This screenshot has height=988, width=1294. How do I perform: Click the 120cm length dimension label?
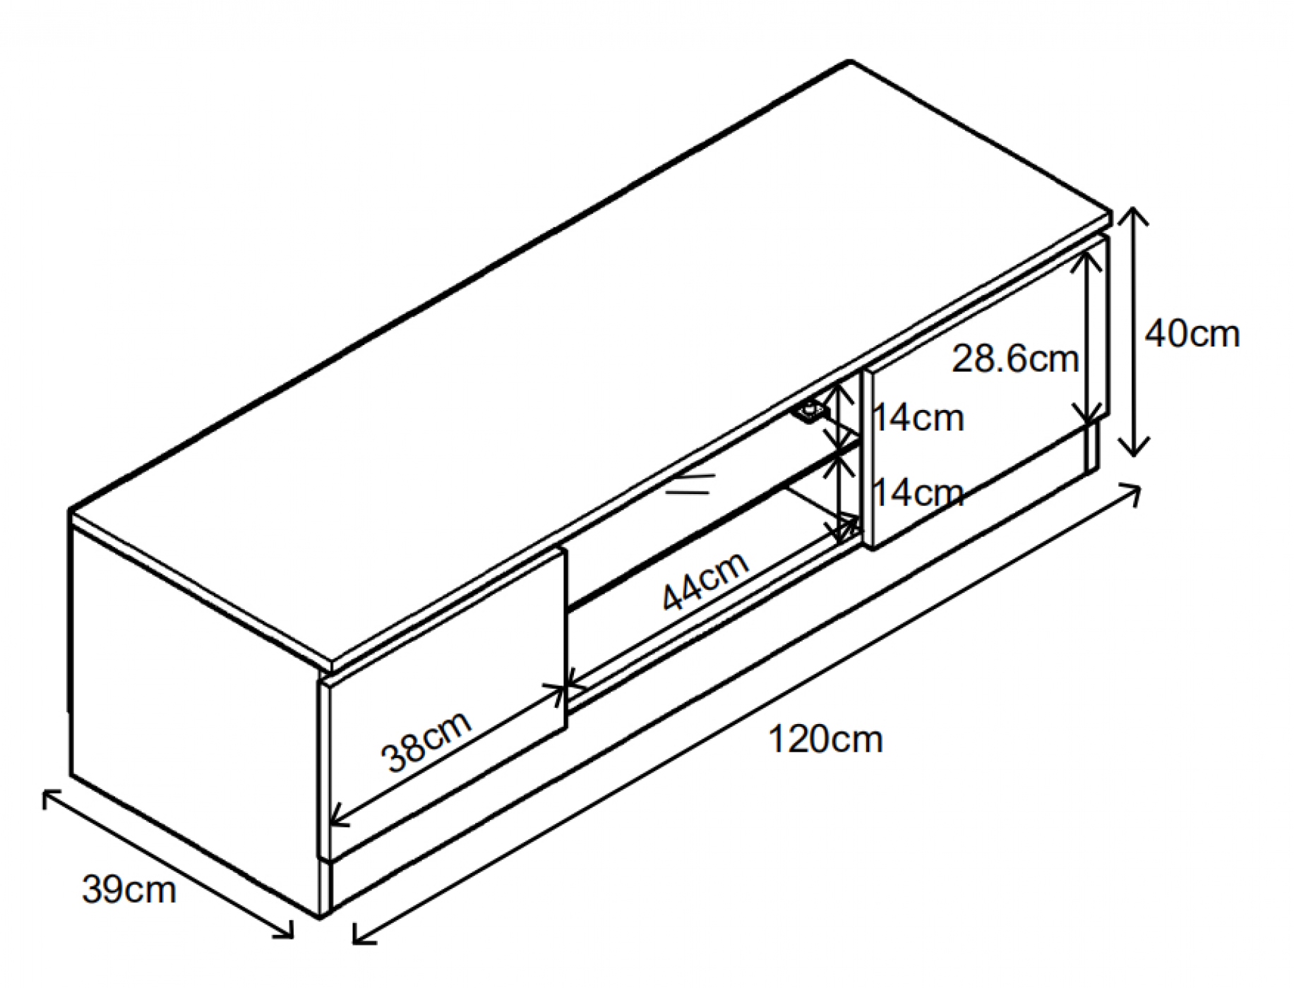pyautogui.click(x=825, y=740)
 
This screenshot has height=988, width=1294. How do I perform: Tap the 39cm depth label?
pyautogui.click(x=128, y=889)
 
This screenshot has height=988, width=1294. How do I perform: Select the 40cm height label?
pyautogui.click(x=1192, y=334)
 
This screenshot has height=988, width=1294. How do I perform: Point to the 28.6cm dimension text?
pyautogui.click(x=1015, y=359)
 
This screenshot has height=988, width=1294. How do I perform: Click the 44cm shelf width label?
pyautogui.click(x=705, y=581)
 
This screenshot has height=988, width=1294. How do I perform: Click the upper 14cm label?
pyautogui.click(x=918, y=418)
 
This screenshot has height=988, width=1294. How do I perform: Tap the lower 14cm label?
pyautogui.click(x=918, y=493)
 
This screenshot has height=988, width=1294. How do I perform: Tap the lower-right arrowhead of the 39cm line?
pyautogui.click(x=292, y=937)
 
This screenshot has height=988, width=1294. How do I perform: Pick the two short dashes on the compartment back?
pyautogui.click(x=690, y=483)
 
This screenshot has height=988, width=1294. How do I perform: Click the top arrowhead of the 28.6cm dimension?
pyautogui.click(x=1087, y=253)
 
